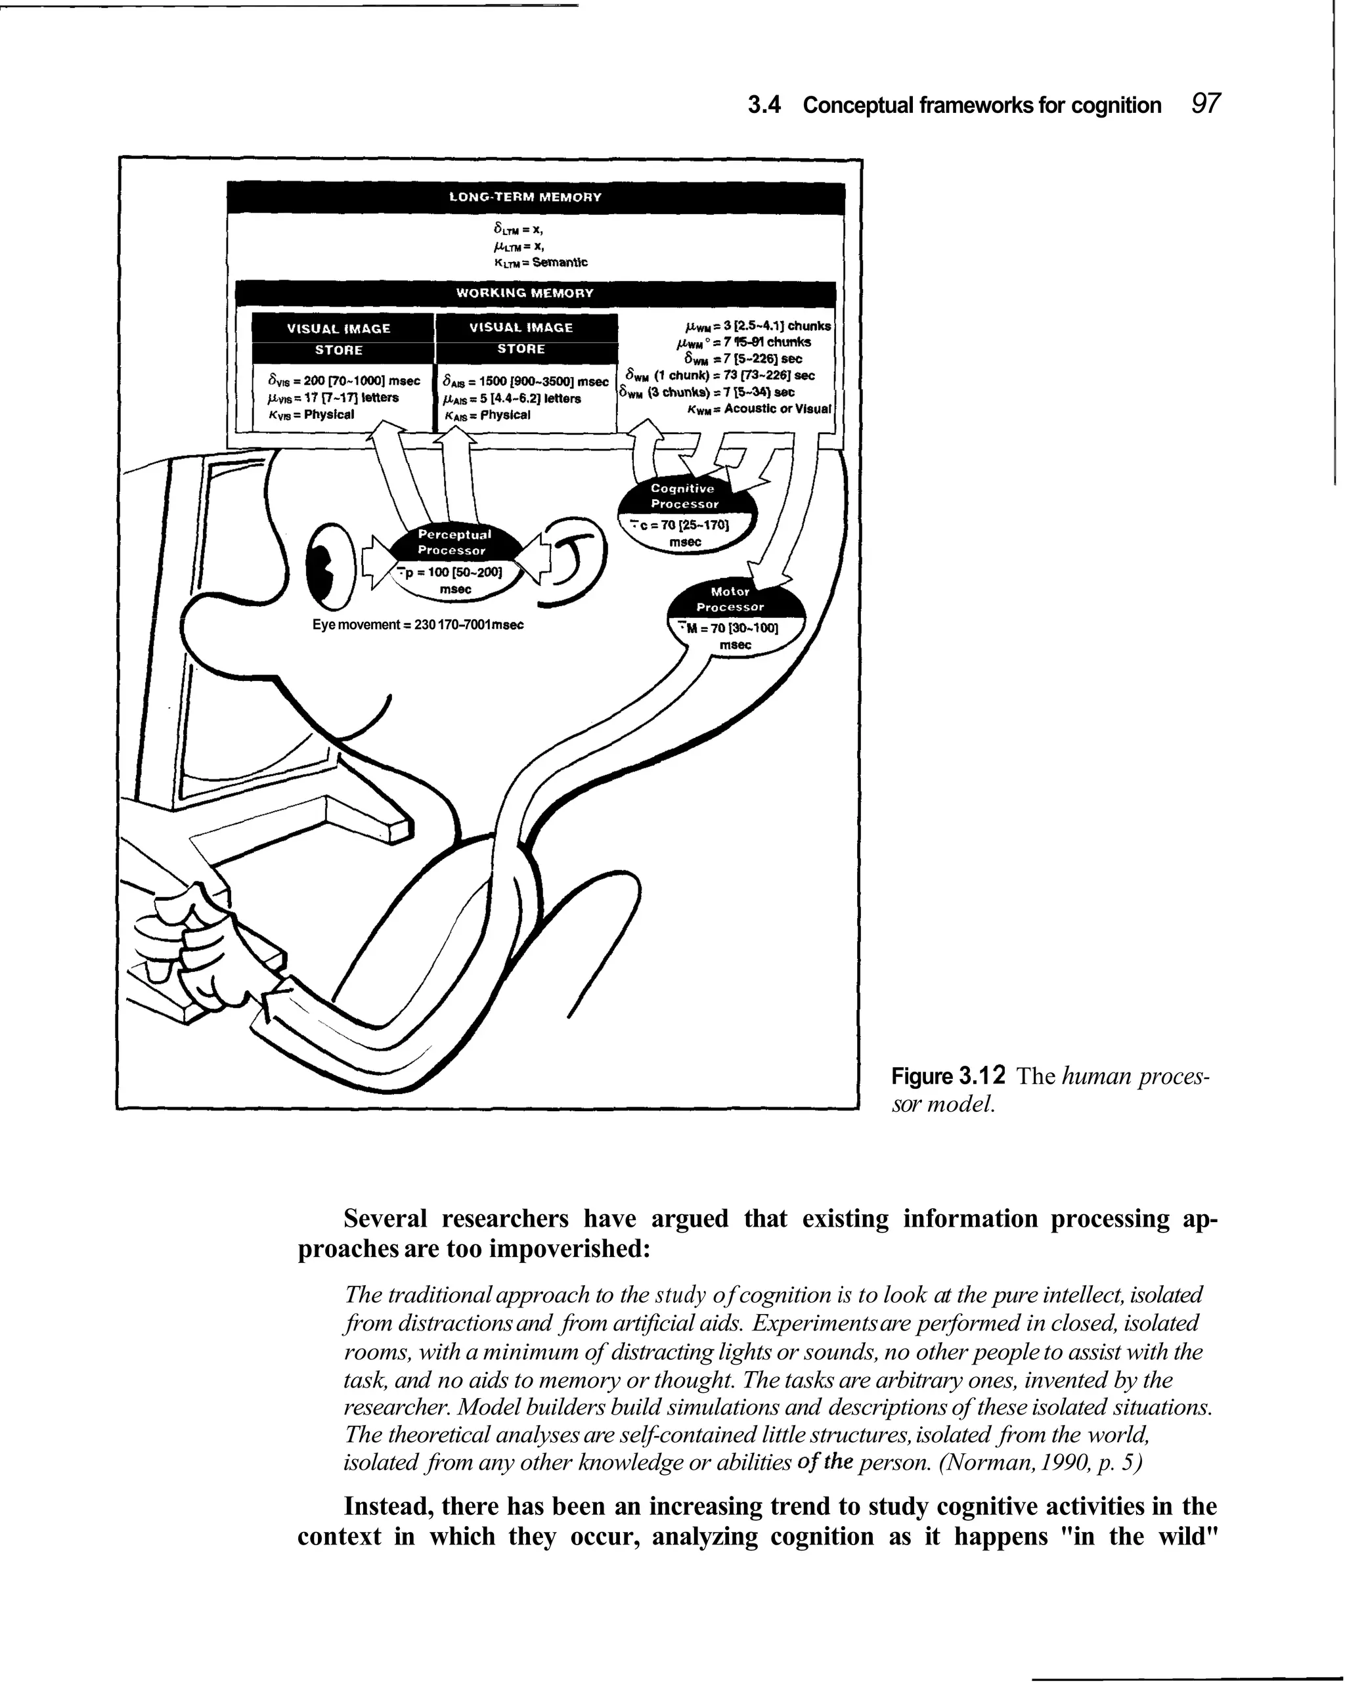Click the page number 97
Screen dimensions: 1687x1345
[1205, 103]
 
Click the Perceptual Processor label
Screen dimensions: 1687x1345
[454, 542]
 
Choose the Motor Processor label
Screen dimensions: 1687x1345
[730, 600]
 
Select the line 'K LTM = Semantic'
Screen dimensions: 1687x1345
[540, 263]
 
